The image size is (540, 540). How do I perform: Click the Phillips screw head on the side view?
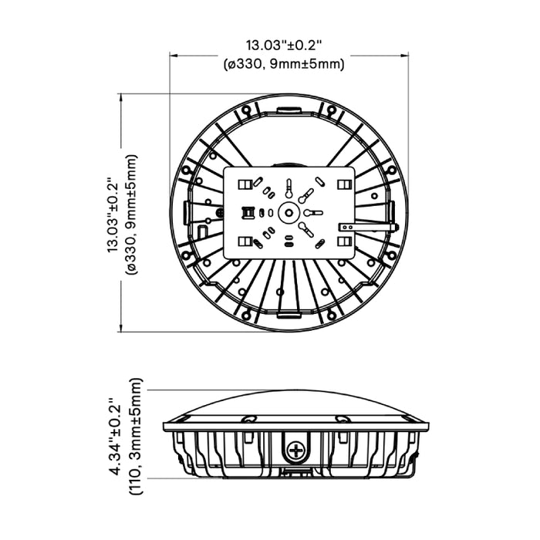point(294,450)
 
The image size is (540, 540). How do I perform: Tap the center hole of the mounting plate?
point(289,212)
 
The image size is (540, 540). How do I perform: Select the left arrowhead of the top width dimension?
point(173,56)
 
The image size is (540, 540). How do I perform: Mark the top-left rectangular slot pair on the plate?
point(243,184)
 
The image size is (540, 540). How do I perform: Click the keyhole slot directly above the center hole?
point(289,188)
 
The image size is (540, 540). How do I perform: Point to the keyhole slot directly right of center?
point(312,212)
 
